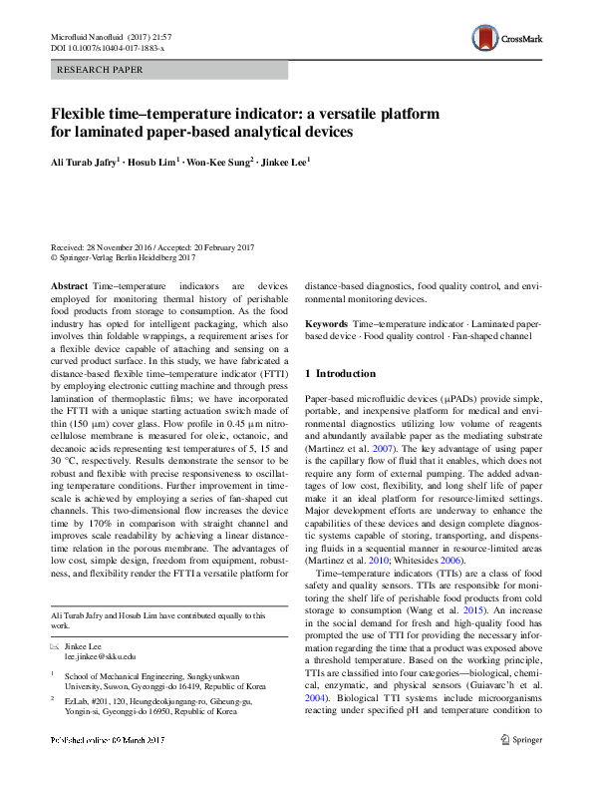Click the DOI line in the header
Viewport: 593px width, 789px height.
click(109, 47)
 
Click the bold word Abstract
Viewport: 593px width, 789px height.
click(69, 286)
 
